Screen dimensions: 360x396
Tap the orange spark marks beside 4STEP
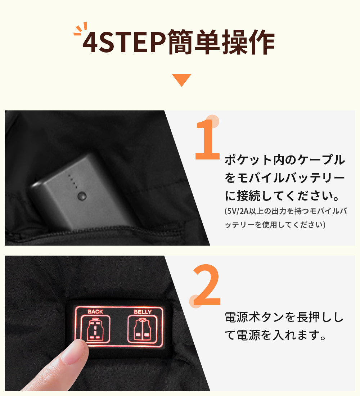[x=80, y=29]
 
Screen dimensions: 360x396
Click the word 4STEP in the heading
[x=124, y=42]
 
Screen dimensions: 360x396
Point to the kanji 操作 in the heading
[x=248, y=42]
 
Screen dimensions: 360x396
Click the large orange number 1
[x=207, y=139]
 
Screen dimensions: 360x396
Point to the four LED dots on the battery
[x=72, y=181]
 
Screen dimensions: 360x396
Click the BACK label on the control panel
[x=95, y=312]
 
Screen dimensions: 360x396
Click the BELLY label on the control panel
[x=143, y=312]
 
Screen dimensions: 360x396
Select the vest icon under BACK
[x=95, y=329]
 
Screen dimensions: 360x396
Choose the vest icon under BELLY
[x=142, y=329]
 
